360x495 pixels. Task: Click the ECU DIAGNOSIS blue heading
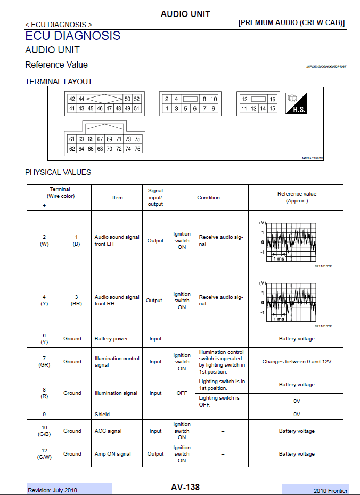coord(73,36)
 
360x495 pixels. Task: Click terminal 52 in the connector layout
coord(137,99)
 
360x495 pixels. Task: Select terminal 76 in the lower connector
coord(137,149)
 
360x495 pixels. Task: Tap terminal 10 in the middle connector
coord(214,99)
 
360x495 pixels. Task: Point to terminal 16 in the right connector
coord(273,100)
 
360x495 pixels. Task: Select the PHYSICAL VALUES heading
coord(58,172)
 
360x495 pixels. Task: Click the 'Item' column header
coord(118,198)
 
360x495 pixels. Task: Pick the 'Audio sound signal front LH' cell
coord(117,240)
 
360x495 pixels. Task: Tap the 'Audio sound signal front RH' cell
coord(117,301)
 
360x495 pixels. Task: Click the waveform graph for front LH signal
coord(290,242)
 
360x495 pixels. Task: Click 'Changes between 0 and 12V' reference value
coord(297,362)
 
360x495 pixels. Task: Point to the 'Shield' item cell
coord(102,414)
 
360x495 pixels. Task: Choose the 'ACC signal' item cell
coord(108,431)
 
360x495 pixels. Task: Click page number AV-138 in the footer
coord(185,487)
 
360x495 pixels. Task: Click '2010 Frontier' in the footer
coord(330,491)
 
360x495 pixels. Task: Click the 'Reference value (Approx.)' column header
coord(297,198)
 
